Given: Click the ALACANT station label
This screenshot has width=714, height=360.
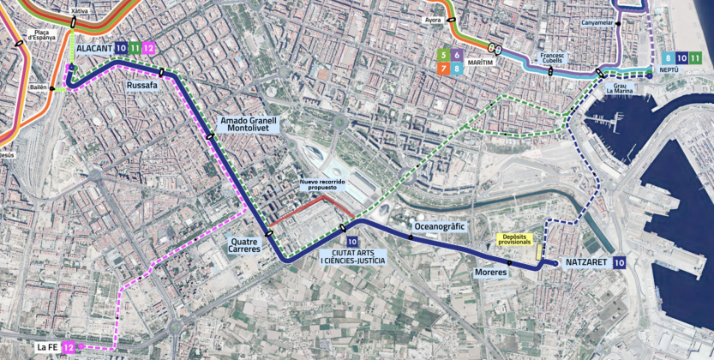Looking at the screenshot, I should [x=93, y=49].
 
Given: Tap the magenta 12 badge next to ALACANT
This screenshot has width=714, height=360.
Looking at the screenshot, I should [x=149, y=49].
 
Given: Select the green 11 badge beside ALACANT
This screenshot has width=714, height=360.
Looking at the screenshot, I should [x=135, y=49].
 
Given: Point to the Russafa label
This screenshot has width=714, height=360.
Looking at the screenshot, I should [x=141, y=87].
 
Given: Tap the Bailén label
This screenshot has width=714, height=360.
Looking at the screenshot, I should [x=38, y=87].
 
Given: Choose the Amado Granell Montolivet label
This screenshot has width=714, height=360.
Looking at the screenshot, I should [x=249, y=125].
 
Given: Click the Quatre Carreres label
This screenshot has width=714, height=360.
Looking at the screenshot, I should [x=245, y=245].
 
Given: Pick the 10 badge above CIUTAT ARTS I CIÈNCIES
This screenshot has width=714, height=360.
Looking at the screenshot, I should [x=351, y=243].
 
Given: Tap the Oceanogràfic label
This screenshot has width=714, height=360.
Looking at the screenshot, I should [x=439, y=226].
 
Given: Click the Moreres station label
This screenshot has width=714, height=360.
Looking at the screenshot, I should [x=490, y=273].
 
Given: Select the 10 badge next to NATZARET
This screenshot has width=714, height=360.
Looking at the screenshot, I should [x=619, y=263].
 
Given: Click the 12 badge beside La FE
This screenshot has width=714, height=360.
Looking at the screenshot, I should [x=69, y=347].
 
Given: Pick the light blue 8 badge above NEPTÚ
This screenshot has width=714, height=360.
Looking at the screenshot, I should [x=668, y=57].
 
